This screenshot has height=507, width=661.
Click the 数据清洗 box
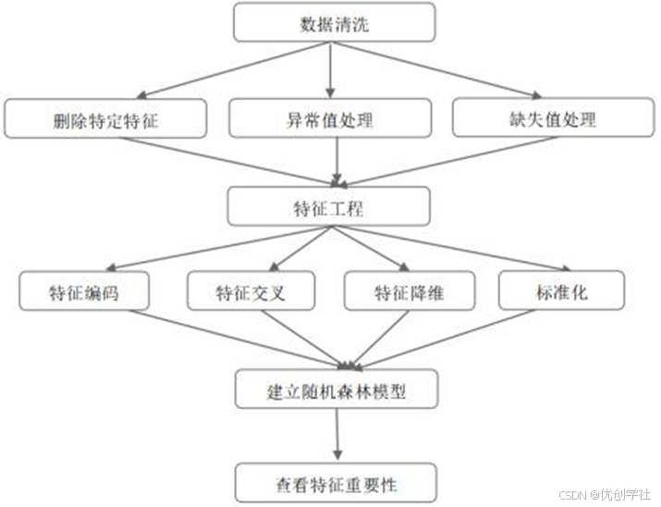click(334, 22)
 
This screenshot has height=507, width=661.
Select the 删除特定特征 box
click(105, 119)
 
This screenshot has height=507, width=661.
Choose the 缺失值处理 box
click(553, 119)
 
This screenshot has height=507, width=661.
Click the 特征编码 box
click(84, 292)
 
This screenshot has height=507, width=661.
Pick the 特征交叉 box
click(251, 292)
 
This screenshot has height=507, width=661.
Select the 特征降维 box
click(409, 292)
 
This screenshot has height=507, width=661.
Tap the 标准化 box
click(562, 292)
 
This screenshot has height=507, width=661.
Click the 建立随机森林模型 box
click(334, 390)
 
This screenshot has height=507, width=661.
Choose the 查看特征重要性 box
click(334, 481)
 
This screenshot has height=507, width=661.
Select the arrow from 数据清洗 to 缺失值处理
click(435, 69)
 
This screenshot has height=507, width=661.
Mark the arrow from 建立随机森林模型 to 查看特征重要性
click(337, 435)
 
